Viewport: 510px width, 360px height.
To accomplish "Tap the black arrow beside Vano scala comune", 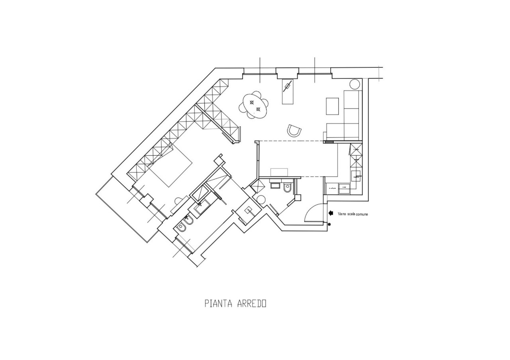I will [x=331, y=213].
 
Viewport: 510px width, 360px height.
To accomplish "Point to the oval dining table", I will [x=255, y=105].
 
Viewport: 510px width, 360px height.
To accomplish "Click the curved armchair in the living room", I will [x=294, y=131].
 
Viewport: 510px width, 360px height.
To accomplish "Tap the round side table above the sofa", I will [x=355, y=84].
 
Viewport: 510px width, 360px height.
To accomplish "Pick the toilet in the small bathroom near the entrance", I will [x=288, y=187].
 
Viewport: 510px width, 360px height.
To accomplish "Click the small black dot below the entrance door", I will [x=329, y=225].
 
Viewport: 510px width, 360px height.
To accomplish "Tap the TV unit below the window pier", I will [x=288, y=92].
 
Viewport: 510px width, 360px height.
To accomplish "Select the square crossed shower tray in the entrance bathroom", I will [x=257, y=186].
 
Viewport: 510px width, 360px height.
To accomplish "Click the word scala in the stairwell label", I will [x=349, y=214].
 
